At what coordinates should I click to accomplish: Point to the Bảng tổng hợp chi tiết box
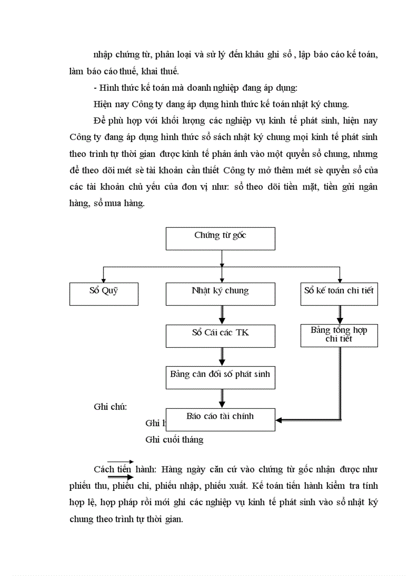(x=339, y=335)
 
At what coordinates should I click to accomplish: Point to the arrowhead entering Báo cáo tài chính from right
(x=279, y=421)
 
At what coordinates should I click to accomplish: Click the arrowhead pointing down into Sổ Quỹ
(x=103, y=280)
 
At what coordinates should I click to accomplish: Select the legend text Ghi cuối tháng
(x=174, y=440)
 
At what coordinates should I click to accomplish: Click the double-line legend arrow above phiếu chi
(x=120, y=476)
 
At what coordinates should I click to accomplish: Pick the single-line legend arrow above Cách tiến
(x=120, y=462)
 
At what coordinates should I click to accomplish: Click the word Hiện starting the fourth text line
(x=103, y=105)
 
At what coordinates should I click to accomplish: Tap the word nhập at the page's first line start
(x=104, y=55)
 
